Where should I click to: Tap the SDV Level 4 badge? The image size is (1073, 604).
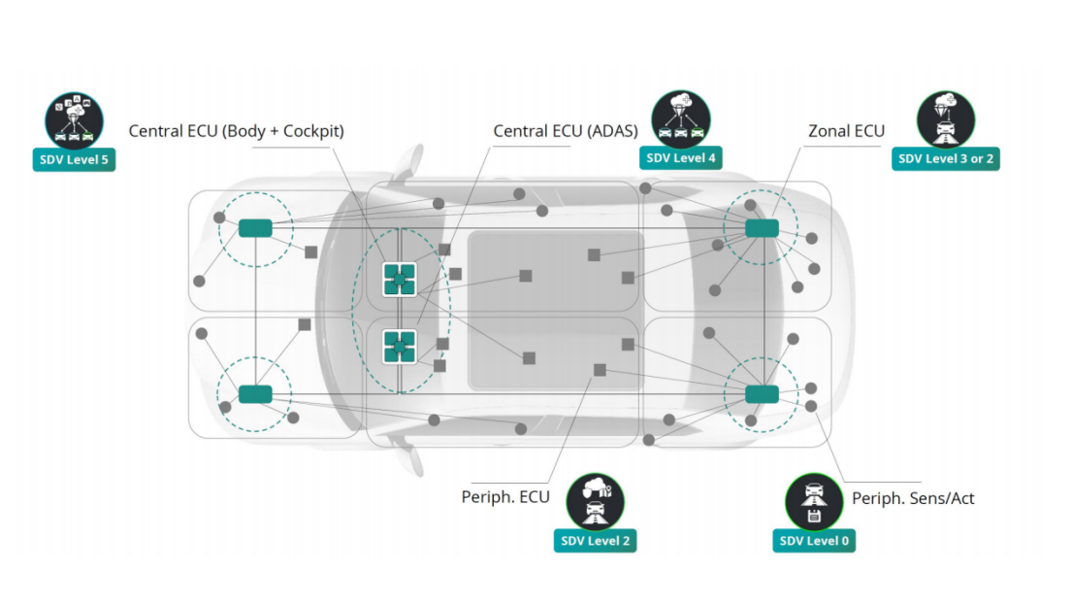681,156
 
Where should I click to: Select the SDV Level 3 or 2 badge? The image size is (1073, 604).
945,158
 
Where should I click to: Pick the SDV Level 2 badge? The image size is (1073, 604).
595,540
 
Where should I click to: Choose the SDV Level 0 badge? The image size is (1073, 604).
814,540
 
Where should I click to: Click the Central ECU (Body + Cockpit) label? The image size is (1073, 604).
236,131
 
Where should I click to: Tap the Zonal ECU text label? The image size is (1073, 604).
846,131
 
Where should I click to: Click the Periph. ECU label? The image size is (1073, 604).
504,497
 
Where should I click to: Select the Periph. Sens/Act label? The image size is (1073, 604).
913,498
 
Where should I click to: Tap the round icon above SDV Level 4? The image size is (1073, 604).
680,118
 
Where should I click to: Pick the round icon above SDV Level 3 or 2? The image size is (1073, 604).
945,119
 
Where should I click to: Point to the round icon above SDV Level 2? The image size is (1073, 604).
595,501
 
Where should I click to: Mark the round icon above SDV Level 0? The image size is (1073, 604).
814,501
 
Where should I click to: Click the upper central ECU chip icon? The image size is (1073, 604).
399,279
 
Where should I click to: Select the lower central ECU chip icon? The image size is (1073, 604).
399,346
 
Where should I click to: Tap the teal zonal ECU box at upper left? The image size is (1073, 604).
255,228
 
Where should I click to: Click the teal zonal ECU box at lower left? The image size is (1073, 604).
255,393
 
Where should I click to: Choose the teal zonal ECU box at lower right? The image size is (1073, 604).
762,393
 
